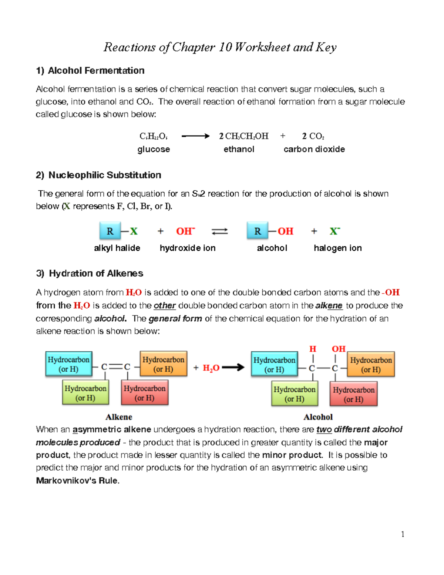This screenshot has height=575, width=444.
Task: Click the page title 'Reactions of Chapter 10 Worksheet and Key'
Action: tap(220, 47)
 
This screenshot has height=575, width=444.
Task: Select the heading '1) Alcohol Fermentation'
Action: tap(90, 70)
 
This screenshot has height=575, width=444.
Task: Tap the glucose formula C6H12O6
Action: tap(154, 136)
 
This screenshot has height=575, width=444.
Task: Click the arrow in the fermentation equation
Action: tap(195, 136)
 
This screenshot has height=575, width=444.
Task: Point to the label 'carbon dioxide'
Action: tap(314, 149)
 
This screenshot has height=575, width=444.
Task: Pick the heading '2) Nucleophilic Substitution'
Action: tap(98, 175)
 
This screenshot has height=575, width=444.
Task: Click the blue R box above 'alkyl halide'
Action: tap(110, 231)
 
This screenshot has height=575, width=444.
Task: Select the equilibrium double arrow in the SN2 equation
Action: tap(219, 231)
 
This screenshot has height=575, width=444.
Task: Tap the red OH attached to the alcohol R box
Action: tap(285, 231)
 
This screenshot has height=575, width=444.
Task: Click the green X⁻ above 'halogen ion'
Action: tap(334, 231)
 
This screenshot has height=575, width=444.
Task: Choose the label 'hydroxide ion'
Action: tap(188, 248)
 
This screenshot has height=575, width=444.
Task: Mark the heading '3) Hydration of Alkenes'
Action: tap(90, 273)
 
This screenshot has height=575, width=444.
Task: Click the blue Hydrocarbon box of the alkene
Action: tap(68, 364)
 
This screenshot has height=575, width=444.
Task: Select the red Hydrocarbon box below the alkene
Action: tap(145, 393)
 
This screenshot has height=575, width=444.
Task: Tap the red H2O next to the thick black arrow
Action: tap(211, 368)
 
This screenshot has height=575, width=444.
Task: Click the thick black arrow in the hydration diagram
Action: tap(233, 367)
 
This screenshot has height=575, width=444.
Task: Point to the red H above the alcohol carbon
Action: tap(313, 349)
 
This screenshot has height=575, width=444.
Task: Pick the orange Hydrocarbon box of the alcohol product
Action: tap(371, 364)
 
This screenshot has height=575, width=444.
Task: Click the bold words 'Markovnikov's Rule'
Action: tap(77, 481)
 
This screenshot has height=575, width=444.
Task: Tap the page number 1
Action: tap(403, 534)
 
